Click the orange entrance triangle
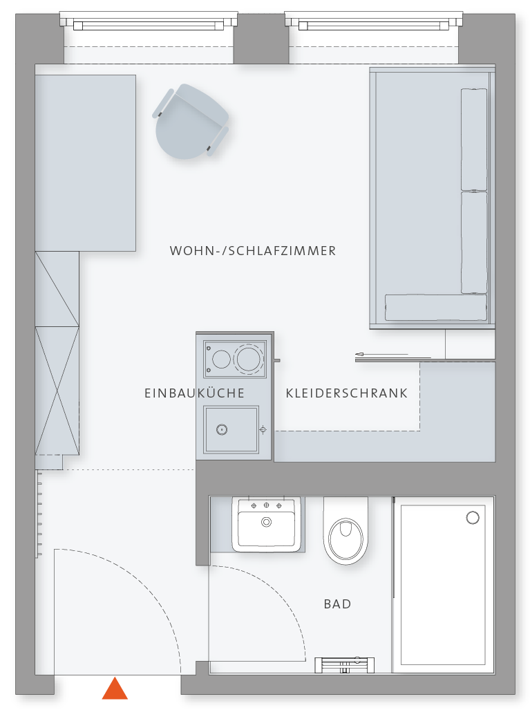115,689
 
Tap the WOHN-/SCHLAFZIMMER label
253,251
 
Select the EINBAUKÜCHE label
195,393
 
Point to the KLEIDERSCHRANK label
347,393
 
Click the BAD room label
338,604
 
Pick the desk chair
191,121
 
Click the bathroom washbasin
267,524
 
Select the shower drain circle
473,518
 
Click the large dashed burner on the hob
249,358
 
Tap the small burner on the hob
221,359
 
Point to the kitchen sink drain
222,430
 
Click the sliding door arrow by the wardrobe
381,354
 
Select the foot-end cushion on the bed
436,308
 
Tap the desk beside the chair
86,163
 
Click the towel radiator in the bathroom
344,664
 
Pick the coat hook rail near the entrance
39,514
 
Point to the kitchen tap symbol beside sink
263,430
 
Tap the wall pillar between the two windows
261,39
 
